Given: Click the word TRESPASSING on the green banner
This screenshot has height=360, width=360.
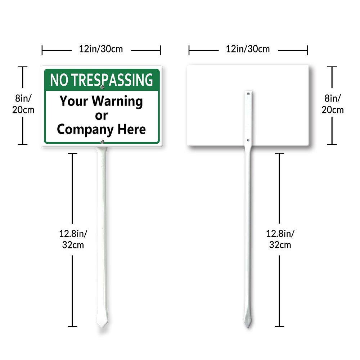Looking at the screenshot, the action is click(112, 80).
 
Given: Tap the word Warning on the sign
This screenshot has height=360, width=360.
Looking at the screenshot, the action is click(117, 101).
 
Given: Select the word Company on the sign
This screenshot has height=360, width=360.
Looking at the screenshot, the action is click(85, 130).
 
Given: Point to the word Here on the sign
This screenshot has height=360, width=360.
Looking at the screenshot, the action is click(131, 129).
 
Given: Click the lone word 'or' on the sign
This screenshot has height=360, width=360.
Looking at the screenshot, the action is click(102, 116).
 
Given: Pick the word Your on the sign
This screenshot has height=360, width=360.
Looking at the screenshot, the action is click(74, 101).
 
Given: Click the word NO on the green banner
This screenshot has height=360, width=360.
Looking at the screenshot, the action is click(59, 80).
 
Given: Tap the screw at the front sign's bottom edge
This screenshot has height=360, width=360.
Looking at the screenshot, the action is click(102, 142).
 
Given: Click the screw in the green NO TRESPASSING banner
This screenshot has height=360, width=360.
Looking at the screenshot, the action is click(102, 87).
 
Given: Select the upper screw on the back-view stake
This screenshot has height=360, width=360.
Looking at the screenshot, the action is click(248, 94).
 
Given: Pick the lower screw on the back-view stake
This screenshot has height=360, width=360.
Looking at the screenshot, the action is click(248, 140).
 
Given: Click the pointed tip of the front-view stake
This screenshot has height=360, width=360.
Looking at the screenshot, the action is click(102, 327).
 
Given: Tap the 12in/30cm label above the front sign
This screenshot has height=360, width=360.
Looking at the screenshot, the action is click(101, 49).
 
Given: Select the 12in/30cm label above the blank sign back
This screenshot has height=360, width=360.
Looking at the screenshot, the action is click(248, 49).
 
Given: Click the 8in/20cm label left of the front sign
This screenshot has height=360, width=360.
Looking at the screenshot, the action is click(23, 104).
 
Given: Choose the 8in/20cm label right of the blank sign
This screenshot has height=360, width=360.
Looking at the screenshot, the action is click(332, 104).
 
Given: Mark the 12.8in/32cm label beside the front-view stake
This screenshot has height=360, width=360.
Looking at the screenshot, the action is click(73, 239).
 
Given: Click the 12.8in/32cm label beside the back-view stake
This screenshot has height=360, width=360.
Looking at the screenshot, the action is click(280, 239).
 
